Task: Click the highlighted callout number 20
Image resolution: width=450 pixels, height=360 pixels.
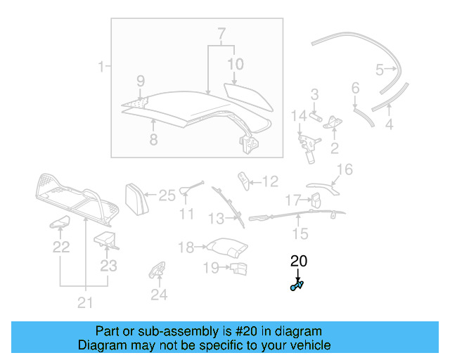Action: [x=299, y=262]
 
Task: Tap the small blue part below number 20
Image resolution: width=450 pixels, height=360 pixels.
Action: [x=296, y=285]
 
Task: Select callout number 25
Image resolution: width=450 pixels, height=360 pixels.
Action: [x=166, y=195]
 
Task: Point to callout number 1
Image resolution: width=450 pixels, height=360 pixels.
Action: [x=101, y=67]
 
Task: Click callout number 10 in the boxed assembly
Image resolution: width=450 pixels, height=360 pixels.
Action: [x=235, y=64]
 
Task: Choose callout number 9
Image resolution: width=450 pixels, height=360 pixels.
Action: [x=140, y=80]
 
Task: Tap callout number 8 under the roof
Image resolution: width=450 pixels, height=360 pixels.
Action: [x=153, y=139]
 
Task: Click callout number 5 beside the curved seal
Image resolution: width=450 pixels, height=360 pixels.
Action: [x=380, y=70]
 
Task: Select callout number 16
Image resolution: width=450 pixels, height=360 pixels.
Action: [x=344, y=169]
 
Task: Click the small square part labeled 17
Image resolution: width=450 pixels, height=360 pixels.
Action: [x=316, y=200]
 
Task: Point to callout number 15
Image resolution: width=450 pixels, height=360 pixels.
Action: [x=300, y=233]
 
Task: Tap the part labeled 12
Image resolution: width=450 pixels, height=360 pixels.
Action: [x=243, y=179]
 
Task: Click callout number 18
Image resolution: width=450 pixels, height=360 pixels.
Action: [x=186, y=247]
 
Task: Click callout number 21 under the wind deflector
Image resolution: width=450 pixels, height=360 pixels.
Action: [x=85, y=303]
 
